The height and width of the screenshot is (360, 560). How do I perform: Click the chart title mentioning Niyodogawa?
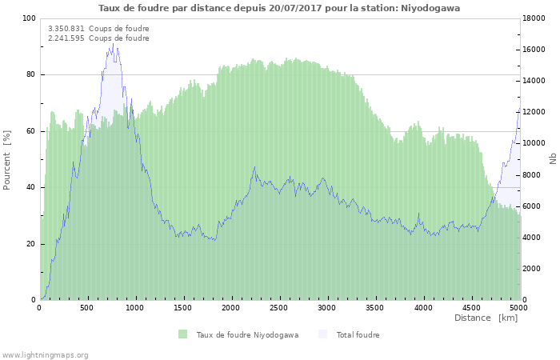tap(279, 7)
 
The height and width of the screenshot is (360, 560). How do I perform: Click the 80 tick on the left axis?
tap(30, 74)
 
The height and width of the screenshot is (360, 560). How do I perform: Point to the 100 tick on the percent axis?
tap(29, 18)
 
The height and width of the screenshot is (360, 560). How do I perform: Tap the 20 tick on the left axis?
tap(30, 243)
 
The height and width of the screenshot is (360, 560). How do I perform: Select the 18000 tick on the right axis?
tap(536, 18)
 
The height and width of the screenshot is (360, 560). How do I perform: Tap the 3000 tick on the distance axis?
tap(326, 307)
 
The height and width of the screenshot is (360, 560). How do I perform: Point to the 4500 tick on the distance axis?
tap(470, 307)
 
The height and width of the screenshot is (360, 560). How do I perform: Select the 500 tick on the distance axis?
tap(87, 307)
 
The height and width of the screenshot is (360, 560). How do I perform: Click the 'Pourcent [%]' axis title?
tap(7, 159)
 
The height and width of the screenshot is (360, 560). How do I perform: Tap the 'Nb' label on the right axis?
tap(553, 159)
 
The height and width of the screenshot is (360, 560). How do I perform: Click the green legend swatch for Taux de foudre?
tap(183, 334)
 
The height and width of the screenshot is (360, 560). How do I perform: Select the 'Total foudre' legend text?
tap(358, 334)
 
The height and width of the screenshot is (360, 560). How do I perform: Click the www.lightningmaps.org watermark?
tap(45, 354)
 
